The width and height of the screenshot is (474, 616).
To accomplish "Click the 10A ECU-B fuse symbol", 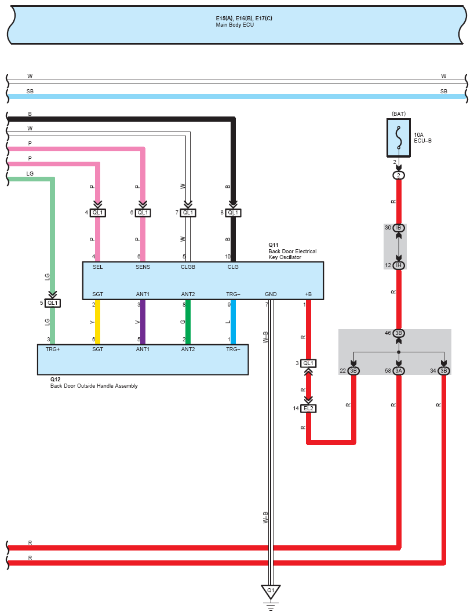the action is click(x=399, y=138).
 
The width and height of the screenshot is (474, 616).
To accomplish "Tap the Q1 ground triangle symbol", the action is click(x=271, y=592).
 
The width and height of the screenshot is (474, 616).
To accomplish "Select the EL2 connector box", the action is click(x=308, y=409).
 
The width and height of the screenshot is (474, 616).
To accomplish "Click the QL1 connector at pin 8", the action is click(x=233, y=213).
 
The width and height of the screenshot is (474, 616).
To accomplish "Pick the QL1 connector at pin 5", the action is click(x=53, y=303).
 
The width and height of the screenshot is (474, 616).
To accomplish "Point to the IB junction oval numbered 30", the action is click(x=399, y=228).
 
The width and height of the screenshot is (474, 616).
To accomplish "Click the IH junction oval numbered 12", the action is click(x=399, y=265).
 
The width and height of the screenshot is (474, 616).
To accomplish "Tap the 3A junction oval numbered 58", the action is click(x=399, y=370).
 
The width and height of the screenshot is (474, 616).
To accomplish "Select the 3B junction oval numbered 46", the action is click(x=399, y=333).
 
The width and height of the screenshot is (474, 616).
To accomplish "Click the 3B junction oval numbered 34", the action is click(x=444, y=370).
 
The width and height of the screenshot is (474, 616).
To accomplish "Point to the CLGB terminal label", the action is click(x=188, y=267).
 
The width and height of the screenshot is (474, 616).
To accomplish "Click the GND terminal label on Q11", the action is click(x=271, y=294).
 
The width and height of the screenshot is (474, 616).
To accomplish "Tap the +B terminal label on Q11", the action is click(x=308, y=294).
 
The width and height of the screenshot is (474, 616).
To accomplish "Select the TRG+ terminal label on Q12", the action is click(x=53, y=349).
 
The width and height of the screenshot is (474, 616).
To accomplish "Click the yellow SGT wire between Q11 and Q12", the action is click(x=98, y=322).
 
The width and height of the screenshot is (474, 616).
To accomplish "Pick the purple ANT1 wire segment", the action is click(x=143, y=322).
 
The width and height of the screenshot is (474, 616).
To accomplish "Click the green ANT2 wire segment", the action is click(x=188, y=322).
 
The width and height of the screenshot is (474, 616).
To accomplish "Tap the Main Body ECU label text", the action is click(x=235, y=25).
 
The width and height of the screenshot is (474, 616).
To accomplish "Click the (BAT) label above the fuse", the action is click(x=399, y=114).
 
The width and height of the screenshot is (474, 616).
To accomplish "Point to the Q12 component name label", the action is click(x=56, y=380).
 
